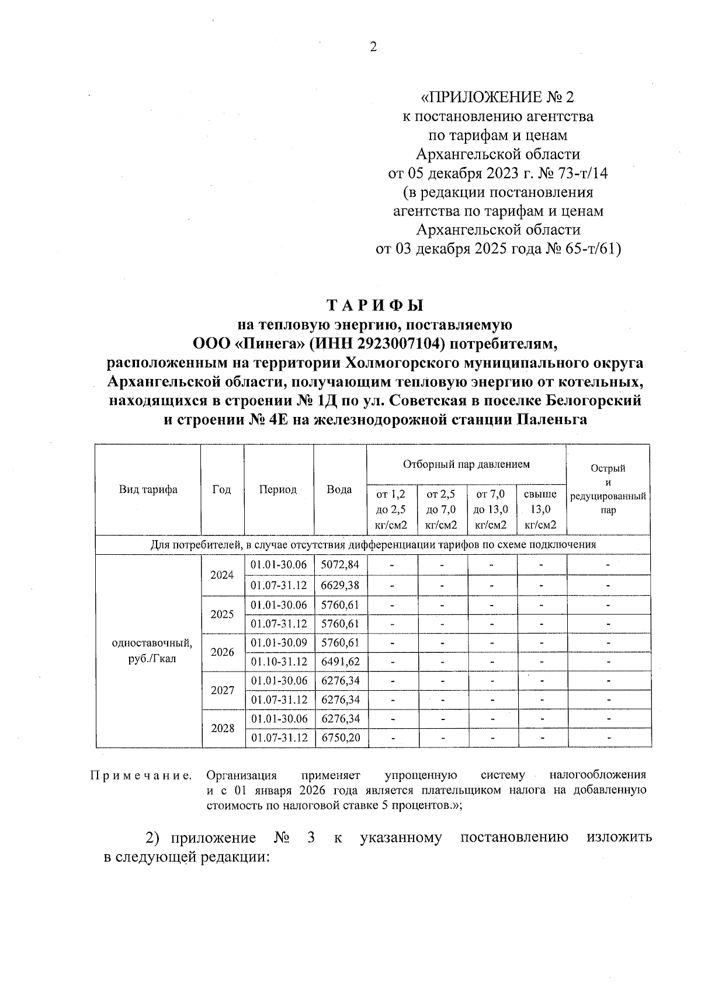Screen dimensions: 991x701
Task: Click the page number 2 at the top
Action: point(374,47)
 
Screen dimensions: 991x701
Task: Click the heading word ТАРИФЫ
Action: point(374,306)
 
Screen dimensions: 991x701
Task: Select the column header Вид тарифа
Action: point(148,489)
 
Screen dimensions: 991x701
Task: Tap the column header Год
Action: point(221,489)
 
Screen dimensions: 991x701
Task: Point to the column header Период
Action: point(278,489)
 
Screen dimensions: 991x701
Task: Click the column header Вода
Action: point(339,489)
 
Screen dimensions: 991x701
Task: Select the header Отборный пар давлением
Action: point(466,464)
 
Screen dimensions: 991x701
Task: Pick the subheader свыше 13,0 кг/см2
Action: point(541,509)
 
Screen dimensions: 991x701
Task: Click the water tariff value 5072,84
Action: point(340,565)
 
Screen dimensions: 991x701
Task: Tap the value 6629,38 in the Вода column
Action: point(340,585)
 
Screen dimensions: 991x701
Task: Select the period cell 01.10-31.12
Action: point(279,662)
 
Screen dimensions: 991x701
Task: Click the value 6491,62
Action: point(340,662)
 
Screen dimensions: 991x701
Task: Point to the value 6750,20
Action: point(340,738)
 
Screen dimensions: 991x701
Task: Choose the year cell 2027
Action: point(222,690)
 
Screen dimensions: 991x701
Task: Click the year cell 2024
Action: point(222,575)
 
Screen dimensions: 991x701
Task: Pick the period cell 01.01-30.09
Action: point(279,642)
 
